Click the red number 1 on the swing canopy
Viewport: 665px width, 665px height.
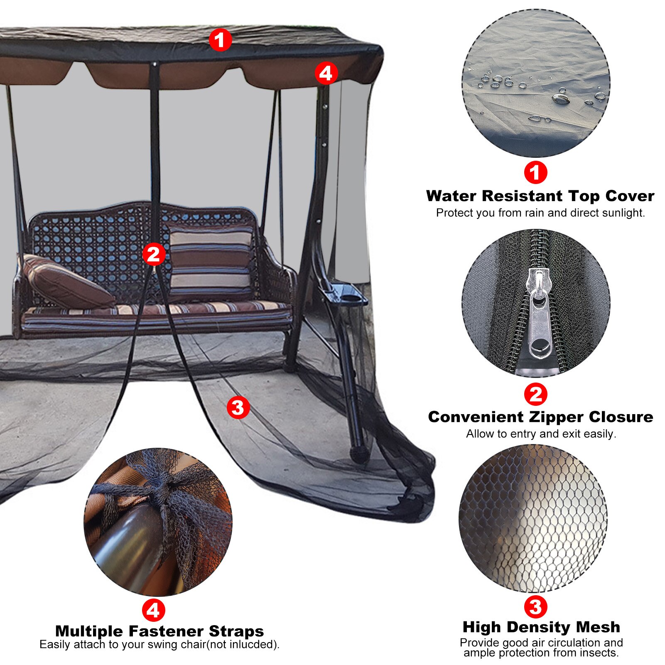[x=220, y=40]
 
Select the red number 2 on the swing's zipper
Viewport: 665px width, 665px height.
[x=154, y=254]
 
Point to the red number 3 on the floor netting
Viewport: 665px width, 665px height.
[x=238, y=407]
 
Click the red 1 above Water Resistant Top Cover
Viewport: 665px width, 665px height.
[x=535, y=172]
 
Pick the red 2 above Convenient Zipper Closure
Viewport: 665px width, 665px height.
[x=535, y=394]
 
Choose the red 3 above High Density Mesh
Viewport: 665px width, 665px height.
[x=535, y=607]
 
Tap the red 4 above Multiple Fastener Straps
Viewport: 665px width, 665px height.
[x=153, y=610]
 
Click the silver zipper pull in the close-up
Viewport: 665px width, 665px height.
[x=540, y=316]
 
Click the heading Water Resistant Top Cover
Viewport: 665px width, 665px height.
[x=540, y=196]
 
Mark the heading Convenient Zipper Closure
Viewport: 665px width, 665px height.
[x=540, y=417]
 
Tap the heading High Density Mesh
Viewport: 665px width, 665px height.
[x=541, y=627]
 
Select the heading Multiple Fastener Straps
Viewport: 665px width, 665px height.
[x=160, y=631]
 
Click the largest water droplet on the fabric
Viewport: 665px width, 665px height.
[x=561, y=98]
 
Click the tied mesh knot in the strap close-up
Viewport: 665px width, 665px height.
[x=166, y=486]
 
